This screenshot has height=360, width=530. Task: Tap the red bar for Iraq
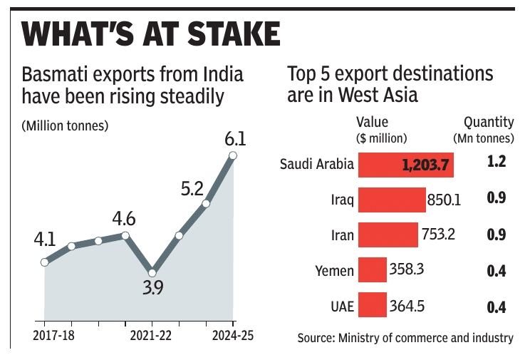(x=391, y=200)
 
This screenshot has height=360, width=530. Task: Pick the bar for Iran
(x=388, y=235)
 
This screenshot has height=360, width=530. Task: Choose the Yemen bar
(x=372, y=270)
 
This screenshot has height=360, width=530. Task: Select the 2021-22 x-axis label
(x=152, y=335)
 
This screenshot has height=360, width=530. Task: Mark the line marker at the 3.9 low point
(x=152, y=272)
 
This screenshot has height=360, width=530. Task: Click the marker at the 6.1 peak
(x=233, y=155)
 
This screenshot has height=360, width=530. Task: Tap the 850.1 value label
(x=444, y=200)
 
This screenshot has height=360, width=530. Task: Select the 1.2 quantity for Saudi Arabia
(x=496, y=163)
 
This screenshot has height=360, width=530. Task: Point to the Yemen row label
(x=334, y=271)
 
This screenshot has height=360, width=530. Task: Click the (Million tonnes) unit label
(x=65, y=126)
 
